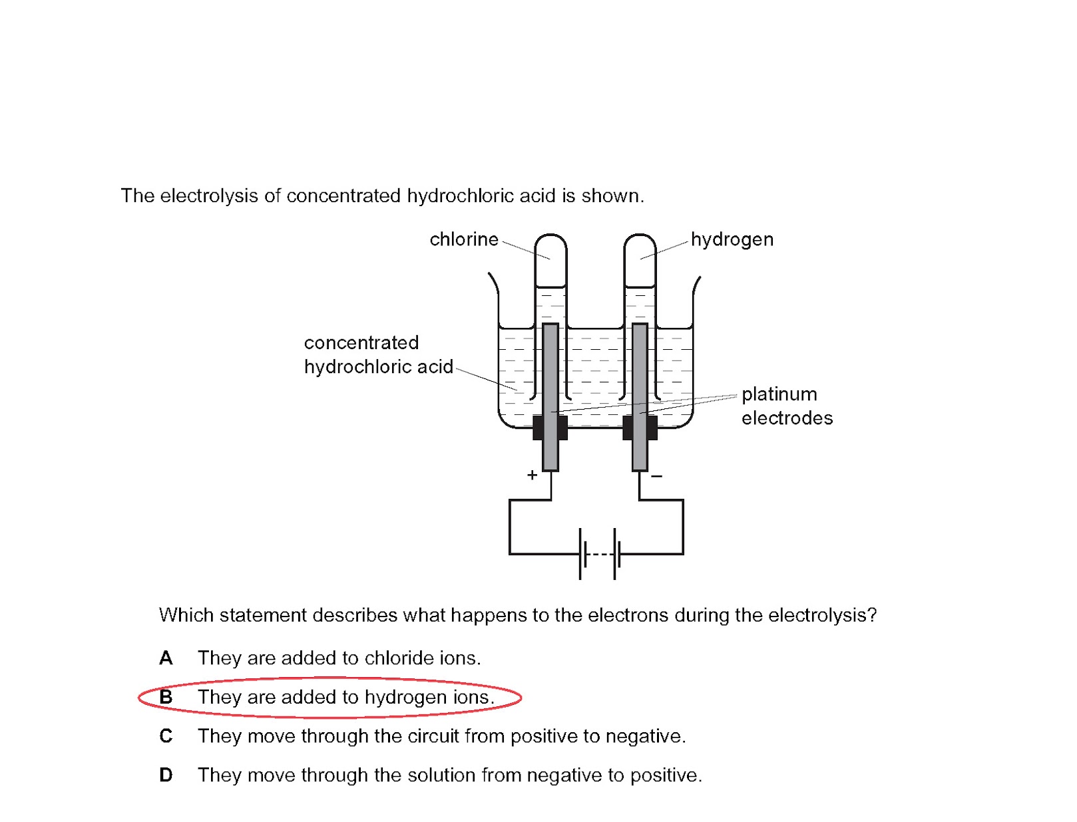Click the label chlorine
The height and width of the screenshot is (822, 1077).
click(x=464, y=239)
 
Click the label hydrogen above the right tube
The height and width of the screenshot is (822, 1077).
click(x=732, y=239)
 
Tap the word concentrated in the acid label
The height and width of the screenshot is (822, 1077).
click(x=361, y=343)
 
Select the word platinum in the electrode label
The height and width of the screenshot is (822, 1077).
click(x=779, y=394)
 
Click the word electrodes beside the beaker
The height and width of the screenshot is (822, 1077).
click(x=787, y=418)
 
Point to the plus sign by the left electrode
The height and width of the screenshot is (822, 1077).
click(x=532, y=475)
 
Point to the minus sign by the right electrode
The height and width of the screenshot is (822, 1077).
click(x=657, y=476)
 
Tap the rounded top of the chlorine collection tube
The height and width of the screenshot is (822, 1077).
click(x=550, y=243)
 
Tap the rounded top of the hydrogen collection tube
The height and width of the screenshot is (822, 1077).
click(x=640, y=243)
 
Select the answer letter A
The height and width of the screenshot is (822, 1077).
click(x=166, y=658)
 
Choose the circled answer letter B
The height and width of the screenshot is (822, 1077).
click(x=166, y=697)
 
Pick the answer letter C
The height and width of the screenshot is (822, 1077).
click(x=166, y=736)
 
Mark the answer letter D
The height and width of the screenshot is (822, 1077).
click(x=166, y=775)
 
